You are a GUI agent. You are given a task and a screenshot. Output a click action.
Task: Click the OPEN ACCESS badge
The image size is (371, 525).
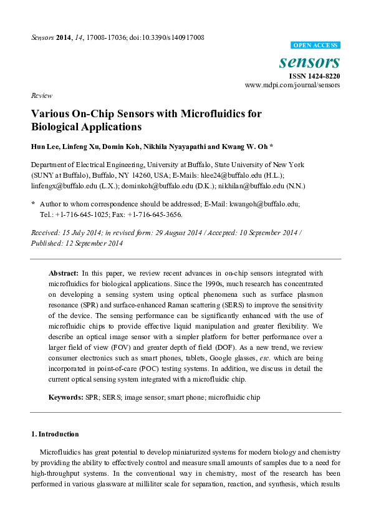[x=316, y=46]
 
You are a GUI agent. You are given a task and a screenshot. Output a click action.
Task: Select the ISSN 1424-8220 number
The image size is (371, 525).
[x=314, y=75]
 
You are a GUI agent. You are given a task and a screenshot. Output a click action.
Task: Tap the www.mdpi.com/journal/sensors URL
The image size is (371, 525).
[x=292, y=85]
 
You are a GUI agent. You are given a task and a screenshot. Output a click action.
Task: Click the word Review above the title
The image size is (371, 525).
[x=41, y=96]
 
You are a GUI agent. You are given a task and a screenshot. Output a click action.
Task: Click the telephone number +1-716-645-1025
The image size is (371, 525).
[x=84, y=214]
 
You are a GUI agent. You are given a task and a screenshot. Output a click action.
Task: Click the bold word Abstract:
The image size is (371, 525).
[x=64, y=273]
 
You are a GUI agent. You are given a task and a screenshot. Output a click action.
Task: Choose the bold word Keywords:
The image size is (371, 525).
[x=67, y=397]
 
